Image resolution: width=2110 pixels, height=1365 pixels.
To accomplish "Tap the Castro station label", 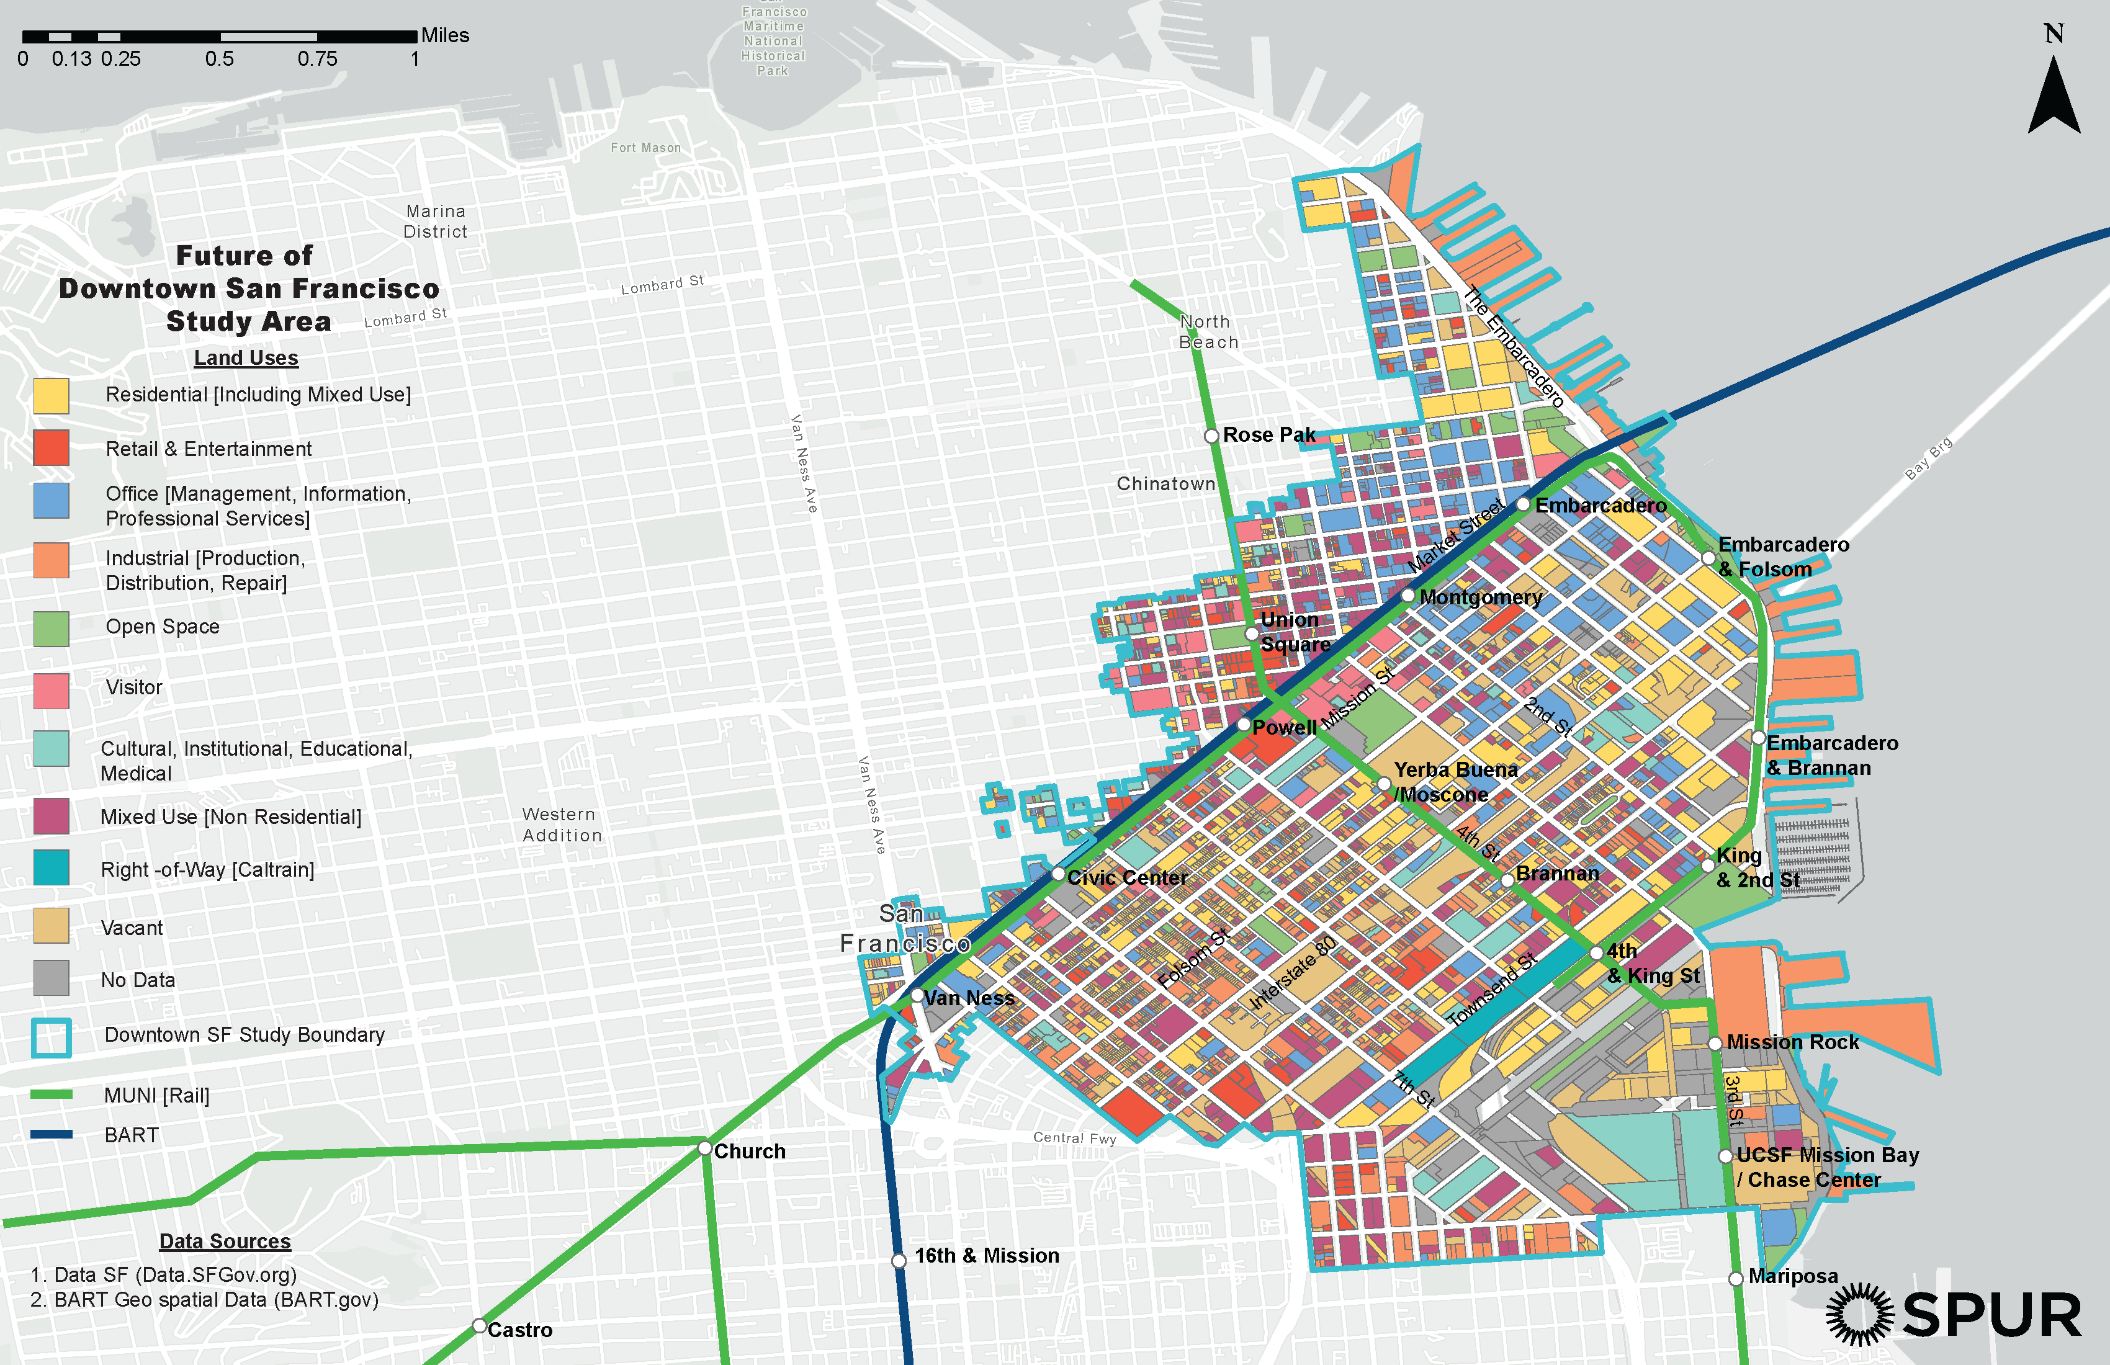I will point(519,1330).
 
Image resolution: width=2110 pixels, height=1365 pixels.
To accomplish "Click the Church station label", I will point(749,1152).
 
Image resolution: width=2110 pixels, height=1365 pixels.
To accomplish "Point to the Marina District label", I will point(435,222).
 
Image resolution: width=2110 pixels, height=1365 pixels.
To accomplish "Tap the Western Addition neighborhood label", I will point(561,825).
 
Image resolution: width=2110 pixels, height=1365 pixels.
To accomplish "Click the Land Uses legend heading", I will point(246,358).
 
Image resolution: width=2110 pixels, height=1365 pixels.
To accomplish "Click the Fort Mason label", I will point(645,148).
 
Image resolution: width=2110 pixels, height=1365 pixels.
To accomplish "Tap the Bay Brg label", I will point(1928,459).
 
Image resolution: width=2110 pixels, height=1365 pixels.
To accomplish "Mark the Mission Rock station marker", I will point(1715,1043).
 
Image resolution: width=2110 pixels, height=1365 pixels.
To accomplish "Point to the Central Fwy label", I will point(1074,1138).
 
